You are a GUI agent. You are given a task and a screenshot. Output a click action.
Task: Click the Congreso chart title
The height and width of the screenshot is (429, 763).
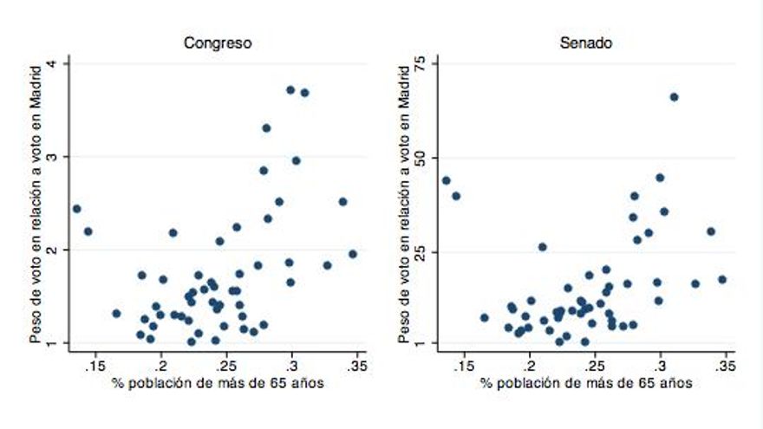point(218,42)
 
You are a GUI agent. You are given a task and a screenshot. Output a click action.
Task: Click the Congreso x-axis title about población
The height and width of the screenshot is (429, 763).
point(218,384)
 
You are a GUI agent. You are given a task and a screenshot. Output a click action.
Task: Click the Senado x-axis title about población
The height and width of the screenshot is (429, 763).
point(586,384)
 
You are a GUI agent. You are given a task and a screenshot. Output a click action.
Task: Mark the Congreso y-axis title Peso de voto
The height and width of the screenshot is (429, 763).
point(36,203)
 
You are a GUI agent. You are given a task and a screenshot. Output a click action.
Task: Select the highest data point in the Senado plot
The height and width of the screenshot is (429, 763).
point(674,97)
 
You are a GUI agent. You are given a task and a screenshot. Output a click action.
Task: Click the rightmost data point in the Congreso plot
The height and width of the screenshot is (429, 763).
point(353,254)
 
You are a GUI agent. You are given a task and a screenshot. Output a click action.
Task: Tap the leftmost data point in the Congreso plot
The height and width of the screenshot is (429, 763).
point(76,209)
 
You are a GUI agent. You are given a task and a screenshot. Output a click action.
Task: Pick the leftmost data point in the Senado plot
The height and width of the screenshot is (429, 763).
point(446,180)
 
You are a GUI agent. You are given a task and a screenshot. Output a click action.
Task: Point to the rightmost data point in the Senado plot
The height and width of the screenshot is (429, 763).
point(722,279)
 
